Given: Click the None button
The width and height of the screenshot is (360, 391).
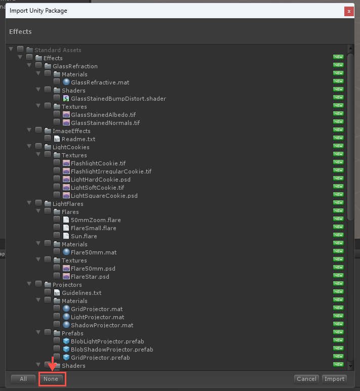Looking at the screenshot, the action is pyautogui.click(x=51, y=379).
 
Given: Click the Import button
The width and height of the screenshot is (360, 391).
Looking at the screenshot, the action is pyautogui.click(x=334, y=379).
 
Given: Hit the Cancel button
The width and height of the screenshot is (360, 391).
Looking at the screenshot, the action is pyautogui.click(x=306, y=379).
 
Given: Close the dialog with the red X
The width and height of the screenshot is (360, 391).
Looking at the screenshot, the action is pyautogui.click(x=349, y=11).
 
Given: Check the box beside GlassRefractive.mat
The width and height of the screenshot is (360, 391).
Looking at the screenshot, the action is pyautogui.click(x=57, y=81).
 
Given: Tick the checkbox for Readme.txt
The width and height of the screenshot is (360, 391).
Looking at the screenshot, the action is pyautogui.click(x=48, y=138).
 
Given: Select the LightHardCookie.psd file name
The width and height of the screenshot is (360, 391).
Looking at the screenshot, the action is pyautogui.click(x=101, y=180).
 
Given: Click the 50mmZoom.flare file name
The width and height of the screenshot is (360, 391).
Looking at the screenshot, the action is pyautogui.click(x=96, y=220).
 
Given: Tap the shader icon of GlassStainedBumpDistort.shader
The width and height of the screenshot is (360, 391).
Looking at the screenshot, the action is pyautogui.click(x=66, y=98).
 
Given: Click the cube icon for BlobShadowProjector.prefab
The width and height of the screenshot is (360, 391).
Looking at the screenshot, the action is pyautogui.click(x=66, y=349).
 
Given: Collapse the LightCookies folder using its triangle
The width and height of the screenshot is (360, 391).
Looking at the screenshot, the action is pyautogui.click(x=29, y=146).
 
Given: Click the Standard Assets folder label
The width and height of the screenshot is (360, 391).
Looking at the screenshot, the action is pyautogui.click(x=58, y=50).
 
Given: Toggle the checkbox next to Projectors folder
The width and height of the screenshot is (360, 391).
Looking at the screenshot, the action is pyautogui.click(x=38, y=284).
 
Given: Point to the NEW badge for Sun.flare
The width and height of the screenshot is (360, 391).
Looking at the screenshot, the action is pyautogui.click(x=338, y=235).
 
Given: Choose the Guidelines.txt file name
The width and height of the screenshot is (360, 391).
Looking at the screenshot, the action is pyautogui.click(x=82, y=293).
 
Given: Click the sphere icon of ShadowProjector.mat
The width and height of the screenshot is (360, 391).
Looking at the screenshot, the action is pyautogui.click(x=66, y=325).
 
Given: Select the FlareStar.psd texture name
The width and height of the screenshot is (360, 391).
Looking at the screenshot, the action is pyautogui.click(x=90, y=277).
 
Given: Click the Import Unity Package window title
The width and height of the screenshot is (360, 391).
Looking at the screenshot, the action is pyautogui.click(x=38, y=11).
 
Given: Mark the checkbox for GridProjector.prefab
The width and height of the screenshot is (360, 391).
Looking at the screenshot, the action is pyautogui.click(x=57, y=357).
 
